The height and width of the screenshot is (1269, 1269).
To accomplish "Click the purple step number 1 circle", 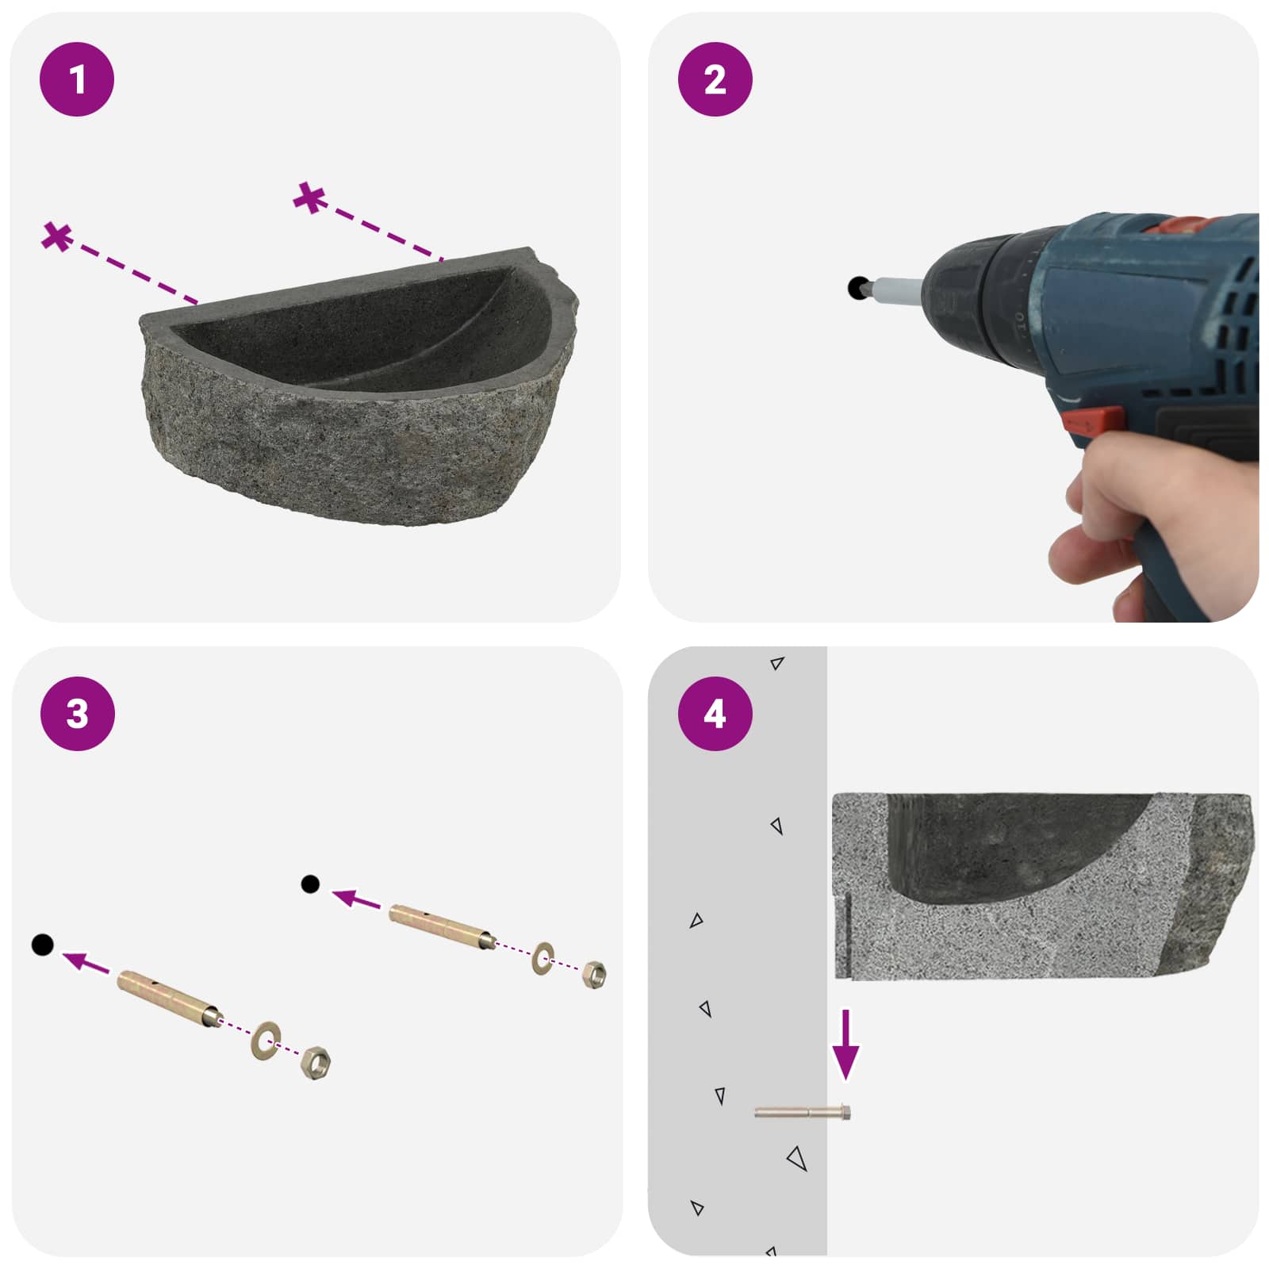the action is pyautogui.click(x=77, y=79).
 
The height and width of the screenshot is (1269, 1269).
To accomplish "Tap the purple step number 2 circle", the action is pyautogui.click(x=715, y=79).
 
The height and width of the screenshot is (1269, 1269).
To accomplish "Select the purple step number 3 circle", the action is pyautogui.click(x=77, y=714).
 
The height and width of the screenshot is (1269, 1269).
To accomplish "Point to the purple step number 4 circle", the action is pyautogui.click(x=715, y=714).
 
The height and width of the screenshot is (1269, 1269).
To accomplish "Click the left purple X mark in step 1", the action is pyautogui.click(x=57, y=236).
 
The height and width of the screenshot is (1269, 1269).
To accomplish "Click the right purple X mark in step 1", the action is pyautogui.click(x=309, y=197).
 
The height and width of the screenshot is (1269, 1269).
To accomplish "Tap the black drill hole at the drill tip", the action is pyautogui.click(x=857, y=287).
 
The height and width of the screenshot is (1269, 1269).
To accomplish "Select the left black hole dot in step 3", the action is pyautogui.click(x=42, y=945).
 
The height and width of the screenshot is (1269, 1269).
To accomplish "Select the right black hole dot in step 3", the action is pyautogui.click(x=310, y=884).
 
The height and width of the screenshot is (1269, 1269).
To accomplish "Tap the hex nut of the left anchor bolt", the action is pyautogui.click(x=316, y=1061).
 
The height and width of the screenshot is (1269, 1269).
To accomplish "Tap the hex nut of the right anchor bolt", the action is pyautogui.click(x=593, y=973).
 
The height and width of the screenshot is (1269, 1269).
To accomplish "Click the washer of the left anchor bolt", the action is pyautogui.click(x=266, y=1040).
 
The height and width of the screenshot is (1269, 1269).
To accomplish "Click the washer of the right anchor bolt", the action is pyautogui.click(x=542, y=958).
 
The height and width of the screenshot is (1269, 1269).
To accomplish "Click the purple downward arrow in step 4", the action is pyautogui.click(x=845, y=1045).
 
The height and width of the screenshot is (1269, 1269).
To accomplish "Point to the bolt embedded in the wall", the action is pyautogui.click(x=803, y=1113).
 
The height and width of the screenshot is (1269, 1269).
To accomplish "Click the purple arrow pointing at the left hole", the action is pyautogui.click(x=86, y=962).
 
